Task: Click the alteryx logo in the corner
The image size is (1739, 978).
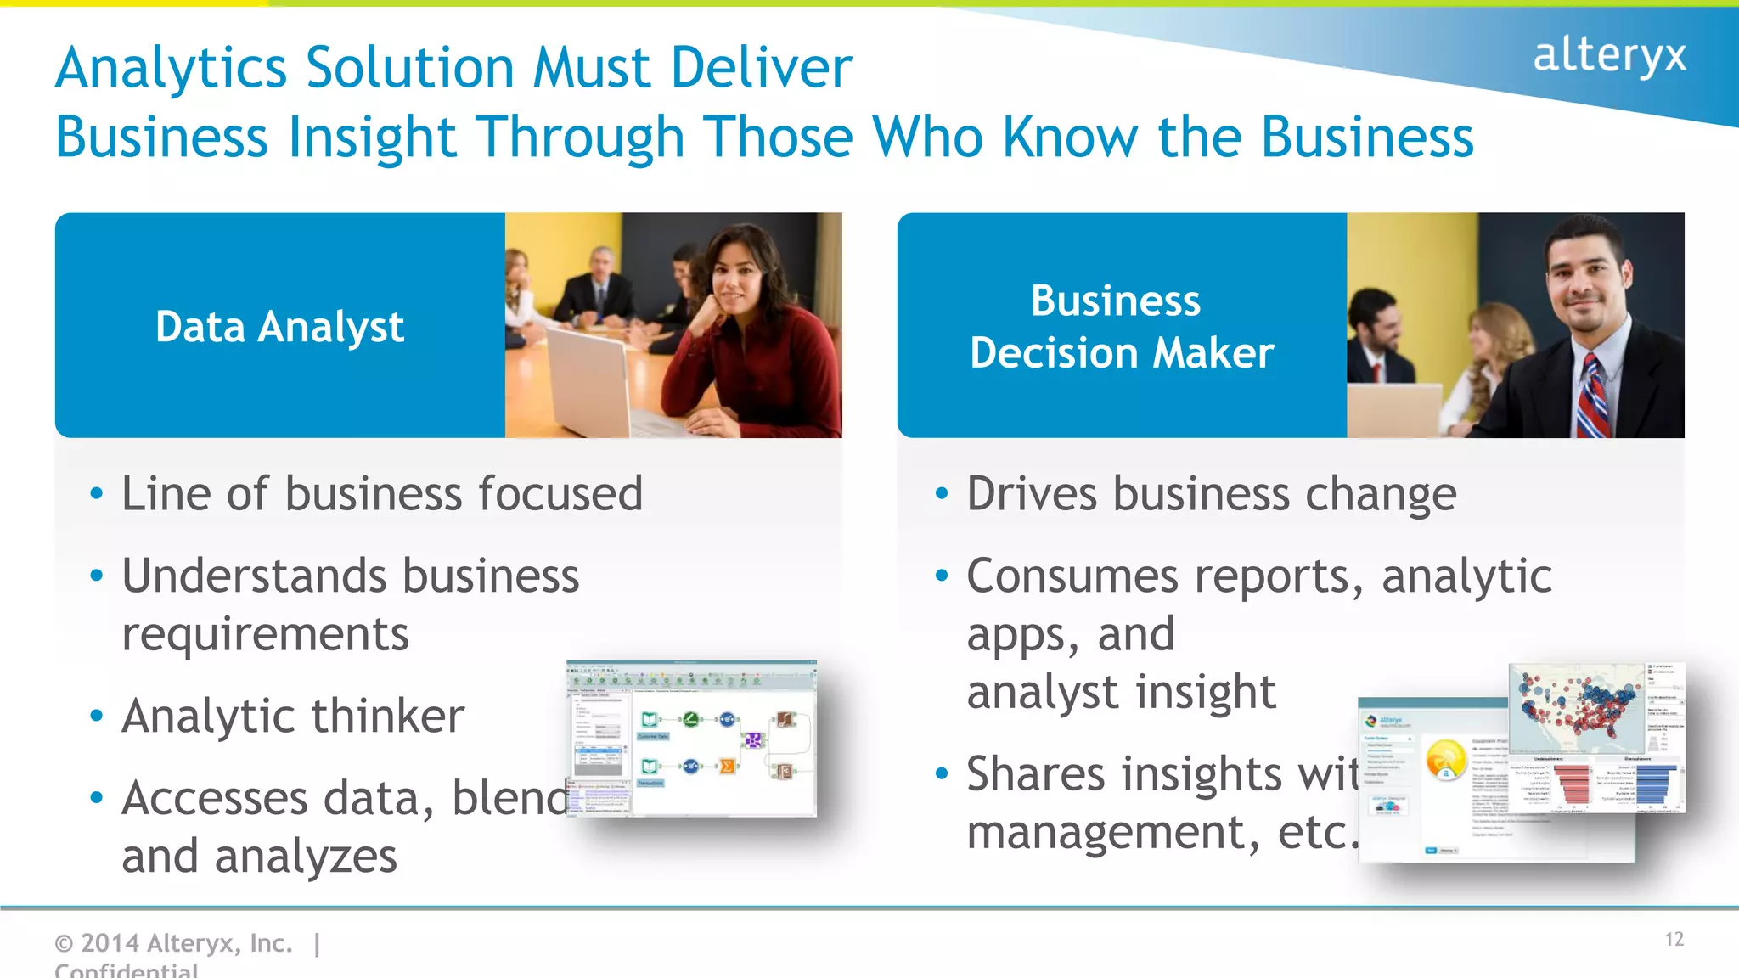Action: (x=1608, y=56)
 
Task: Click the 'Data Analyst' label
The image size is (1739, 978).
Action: (x=279, y=327)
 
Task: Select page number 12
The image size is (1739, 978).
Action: (x=1674, y=939)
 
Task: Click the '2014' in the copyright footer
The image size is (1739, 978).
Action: (x=110, y=942)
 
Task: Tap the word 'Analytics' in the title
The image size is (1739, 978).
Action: (x=171, y=68)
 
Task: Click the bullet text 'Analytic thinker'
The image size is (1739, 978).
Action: (x=293, y=716)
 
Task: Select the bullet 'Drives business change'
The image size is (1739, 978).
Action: (x=1211, y=494)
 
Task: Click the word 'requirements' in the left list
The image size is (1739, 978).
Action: (x=265, y=634)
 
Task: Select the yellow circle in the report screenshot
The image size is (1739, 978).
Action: (x=1445, y=758)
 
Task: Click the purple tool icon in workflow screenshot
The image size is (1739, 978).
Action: (x=752, y=740)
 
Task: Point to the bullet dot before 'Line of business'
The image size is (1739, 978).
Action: (x=96, y=493)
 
